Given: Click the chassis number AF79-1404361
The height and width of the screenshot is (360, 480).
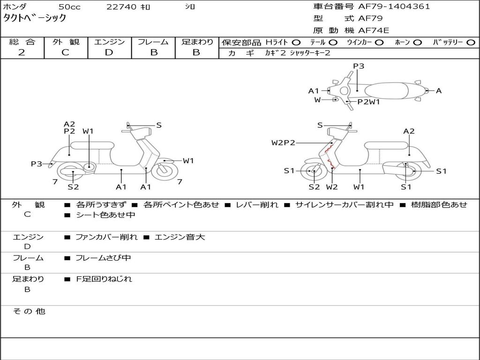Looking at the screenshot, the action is pos(394,7).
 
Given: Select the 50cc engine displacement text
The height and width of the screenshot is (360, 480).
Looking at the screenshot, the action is pos(69,7).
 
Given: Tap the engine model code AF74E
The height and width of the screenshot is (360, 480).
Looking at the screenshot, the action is pos(374,30).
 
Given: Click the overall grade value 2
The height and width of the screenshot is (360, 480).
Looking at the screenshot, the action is pos(22,52).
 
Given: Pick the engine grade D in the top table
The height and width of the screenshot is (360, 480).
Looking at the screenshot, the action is pos(109,52).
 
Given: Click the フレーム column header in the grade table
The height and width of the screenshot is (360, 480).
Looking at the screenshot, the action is pos(153,42).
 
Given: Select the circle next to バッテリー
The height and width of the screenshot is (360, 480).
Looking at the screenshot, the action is pos(471,43).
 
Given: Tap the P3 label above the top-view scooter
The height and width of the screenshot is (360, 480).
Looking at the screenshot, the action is pos(359,66).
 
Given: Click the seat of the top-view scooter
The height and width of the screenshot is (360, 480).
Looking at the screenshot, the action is pos(386,90).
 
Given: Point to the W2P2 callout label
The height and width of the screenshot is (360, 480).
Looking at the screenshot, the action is pos(283,142).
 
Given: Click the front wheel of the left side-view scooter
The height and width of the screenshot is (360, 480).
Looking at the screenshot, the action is pos(163,169).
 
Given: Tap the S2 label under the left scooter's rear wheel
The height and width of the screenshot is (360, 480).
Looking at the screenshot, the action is pos(73,187).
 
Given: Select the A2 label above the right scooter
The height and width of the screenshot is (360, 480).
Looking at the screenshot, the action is pos(409,131).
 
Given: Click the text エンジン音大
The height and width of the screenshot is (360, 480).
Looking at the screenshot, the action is pos(180,237).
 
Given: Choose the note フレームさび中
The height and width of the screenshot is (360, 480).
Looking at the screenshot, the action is pos(103,258).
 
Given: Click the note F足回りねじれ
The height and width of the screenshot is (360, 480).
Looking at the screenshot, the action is pos(104,279).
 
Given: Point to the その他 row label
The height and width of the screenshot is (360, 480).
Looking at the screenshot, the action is pos(29,311).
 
